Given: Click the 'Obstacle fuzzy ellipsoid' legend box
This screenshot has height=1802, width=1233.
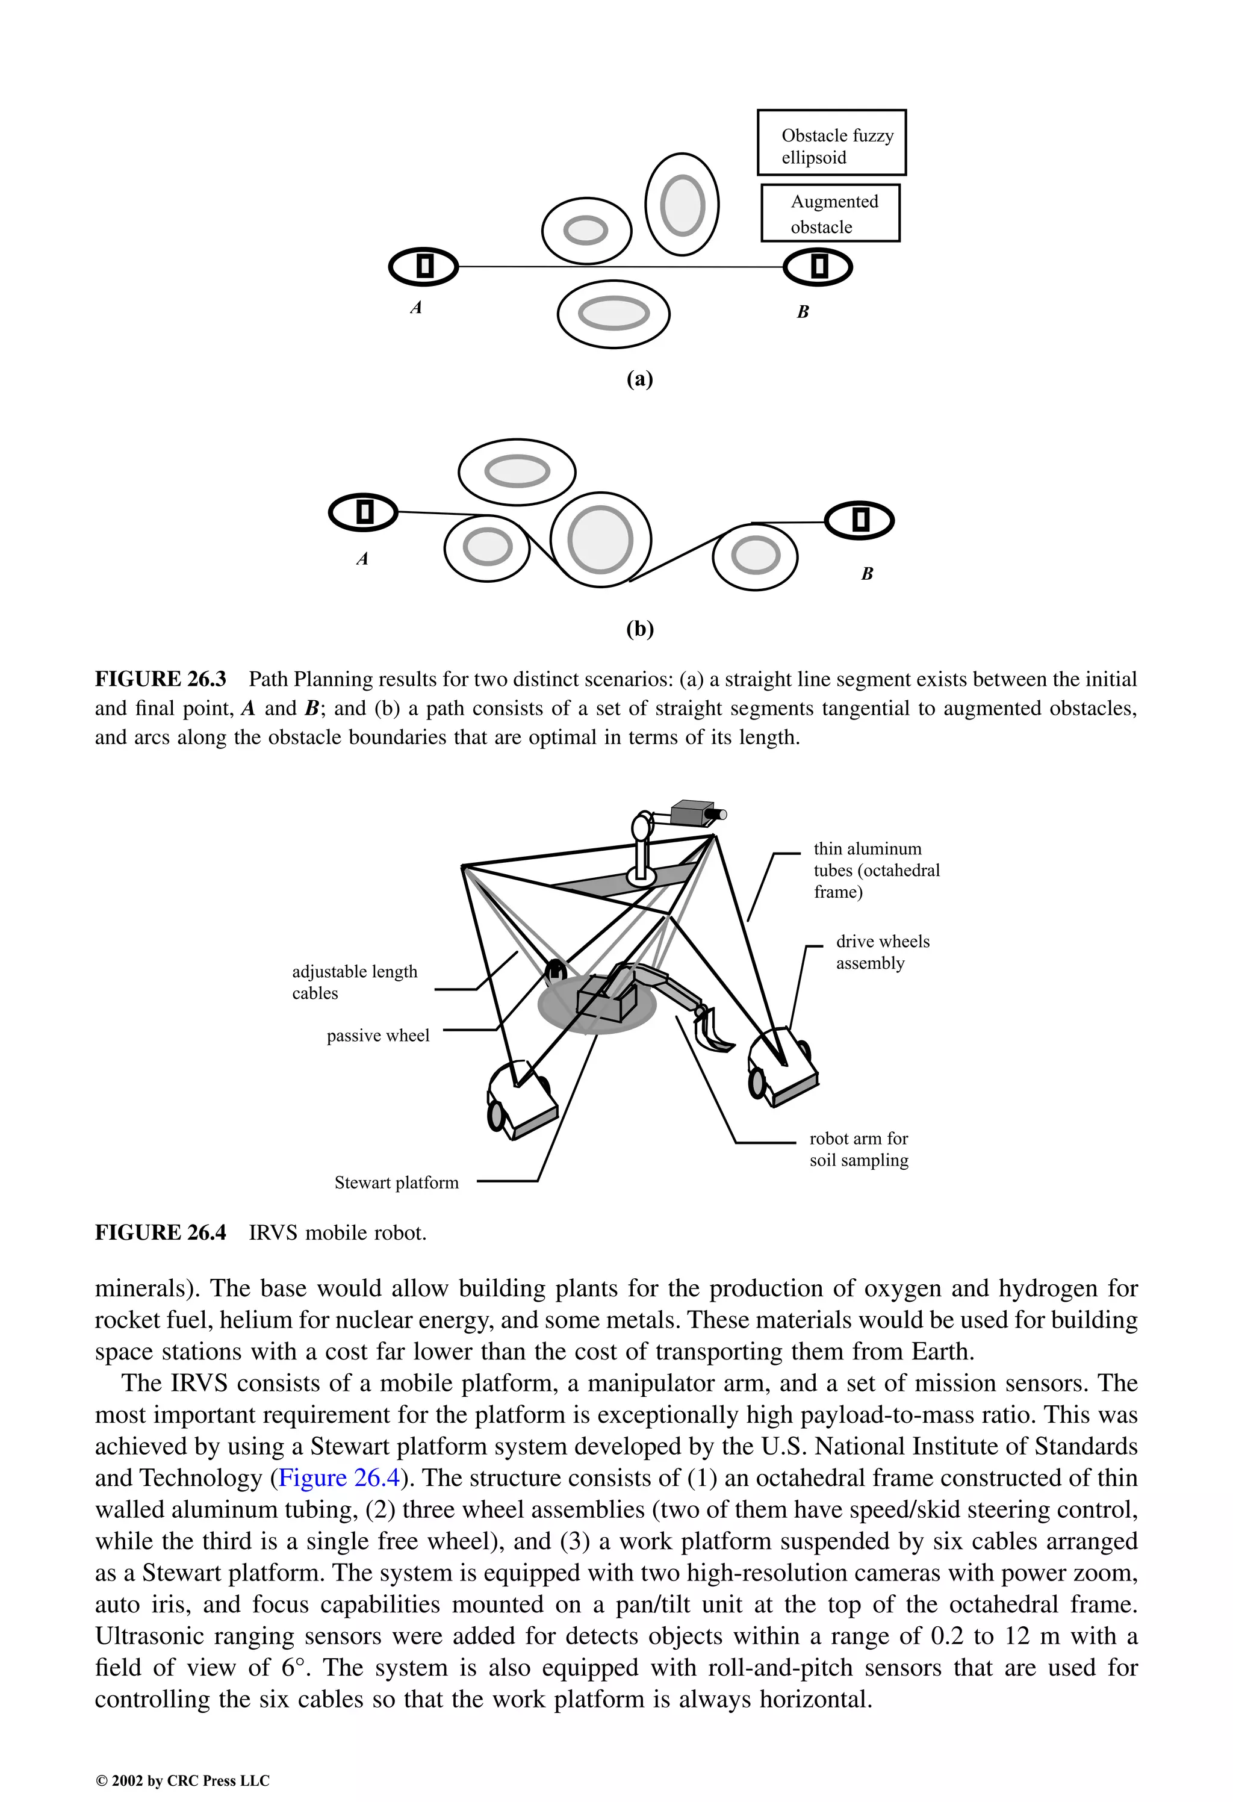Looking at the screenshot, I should coord(831,143).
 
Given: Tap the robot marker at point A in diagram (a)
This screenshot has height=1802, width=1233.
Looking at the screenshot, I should coord(423,267).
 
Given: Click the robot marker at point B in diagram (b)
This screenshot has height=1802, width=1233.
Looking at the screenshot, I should coord(859,520).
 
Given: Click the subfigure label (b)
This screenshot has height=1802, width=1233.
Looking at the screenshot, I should coord(640,628).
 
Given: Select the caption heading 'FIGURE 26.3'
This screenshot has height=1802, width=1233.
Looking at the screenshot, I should coord(161,679).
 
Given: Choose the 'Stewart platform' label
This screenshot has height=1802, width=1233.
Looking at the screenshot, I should coord(396,1182).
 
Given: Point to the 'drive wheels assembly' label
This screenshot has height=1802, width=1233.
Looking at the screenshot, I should coord(882,951).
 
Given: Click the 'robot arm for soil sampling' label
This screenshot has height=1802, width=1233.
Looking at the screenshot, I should coord(859,1149).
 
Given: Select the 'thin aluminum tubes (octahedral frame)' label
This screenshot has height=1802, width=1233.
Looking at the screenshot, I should coord(875,870).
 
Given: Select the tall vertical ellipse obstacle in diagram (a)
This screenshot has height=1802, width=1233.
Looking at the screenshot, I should coord(682,205).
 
